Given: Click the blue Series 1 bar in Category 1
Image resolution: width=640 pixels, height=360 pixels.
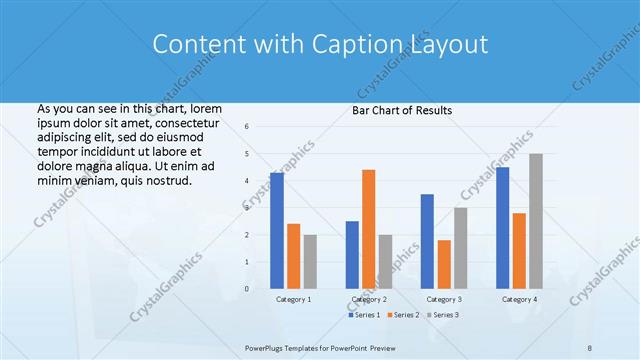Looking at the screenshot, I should tap(277, 231).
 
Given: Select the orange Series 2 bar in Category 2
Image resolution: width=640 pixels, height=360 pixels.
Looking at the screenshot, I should tap(369, 229).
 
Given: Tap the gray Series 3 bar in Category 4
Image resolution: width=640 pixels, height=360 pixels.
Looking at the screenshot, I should tap(536, 221).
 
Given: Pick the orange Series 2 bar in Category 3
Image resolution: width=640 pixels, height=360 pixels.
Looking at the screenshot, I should tap(444, 264).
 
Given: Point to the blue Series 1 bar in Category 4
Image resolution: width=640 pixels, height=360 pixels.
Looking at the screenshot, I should tap(503, 228).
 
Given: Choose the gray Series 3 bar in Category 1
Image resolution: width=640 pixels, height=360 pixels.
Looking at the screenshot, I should tap(310, 262).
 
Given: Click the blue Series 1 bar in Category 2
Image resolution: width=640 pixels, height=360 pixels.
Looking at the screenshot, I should tap(352, 255).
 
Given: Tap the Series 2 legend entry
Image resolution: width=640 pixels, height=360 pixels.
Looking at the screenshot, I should tap(403, 315).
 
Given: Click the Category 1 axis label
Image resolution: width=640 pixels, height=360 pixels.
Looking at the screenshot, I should tap(294, 299).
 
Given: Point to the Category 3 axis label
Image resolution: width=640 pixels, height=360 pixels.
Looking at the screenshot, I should tap(444, 299).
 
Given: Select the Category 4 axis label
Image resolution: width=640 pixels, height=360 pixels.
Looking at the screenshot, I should tap(519, 299).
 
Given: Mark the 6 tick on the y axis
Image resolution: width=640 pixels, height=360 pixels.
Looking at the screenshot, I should tap(247, 127).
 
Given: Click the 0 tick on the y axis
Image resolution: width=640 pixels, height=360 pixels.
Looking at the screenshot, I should tap(247, 289).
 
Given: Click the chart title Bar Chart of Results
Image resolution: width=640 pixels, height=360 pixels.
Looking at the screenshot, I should tap(402, 110).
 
